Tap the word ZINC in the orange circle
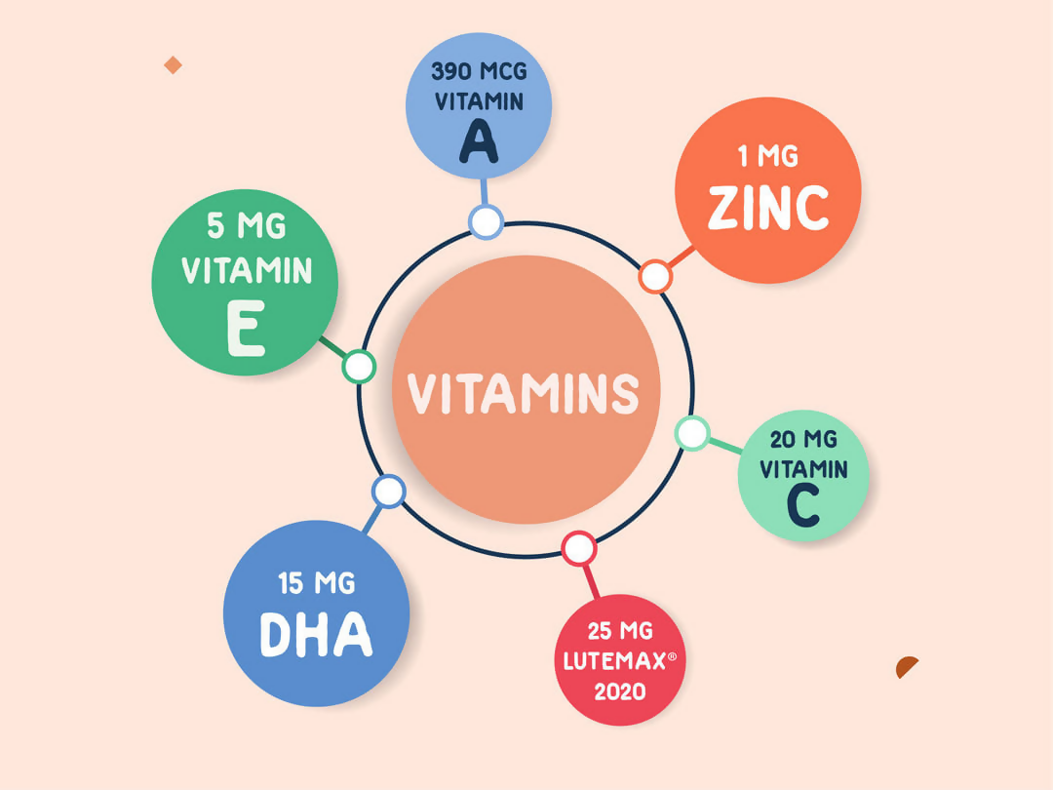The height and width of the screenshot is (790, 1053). (x=768, y=208)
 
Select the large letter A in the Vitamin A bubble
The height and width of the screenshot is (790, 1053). (x=479, y=141)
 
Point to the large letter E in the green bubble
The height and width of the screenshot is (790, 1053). (x=246, y=328)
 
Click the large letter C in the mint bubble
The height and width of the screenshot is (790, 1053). (x=803, y=505)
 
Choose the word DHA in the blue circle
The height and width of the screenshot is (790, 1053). (x=316, y=634)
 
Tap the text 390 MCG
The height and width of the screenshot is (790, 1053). (x=479, y=71)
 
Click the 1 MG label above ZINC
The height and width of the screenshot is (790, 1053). (x=767, y=156)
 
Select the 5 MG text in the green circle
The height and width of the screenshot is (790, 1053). (x=247, y=225)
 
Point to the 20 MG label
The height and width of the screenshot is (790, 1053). (x=803, y=439)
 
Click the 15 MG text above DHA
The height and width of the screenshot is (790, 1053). (x=316, y=583)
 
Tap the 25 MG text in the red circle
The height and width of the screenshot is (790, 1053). (x=620, y=631)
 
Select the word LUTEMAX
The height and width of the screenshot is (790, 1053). (x=614, y=661)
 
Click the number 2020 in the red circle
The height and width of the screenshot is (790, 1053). (x=620, y=691)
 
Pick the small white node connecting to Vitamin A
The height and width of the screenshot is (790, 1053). (x=486, y=221)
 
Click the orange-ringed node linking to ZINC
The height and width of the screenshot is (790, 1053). (x=655, y=276)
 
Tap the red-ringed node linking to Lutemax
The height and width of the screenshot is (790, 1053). (x=579, y=549)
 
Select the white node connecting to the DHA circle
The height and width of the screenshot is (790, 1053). (x=388, y=491)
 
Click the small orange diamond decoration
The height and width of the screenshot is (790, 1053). (x=173, y=65)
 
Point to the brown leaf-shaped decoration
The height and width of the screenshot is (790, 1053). (x=906, y=666)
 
